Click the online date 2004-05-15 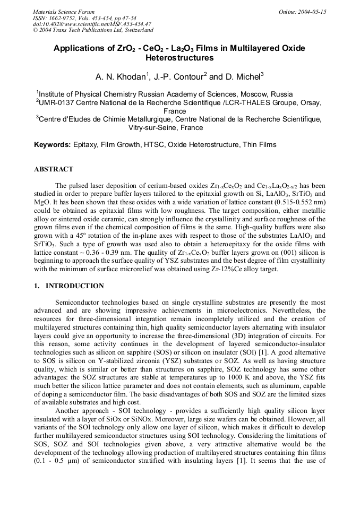312,12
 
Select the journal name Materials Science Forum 64,12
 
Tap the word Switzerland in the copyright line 135,30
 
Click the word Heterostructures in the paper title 179,58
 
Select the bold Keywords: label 53,144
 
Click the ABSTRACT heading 54,169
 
